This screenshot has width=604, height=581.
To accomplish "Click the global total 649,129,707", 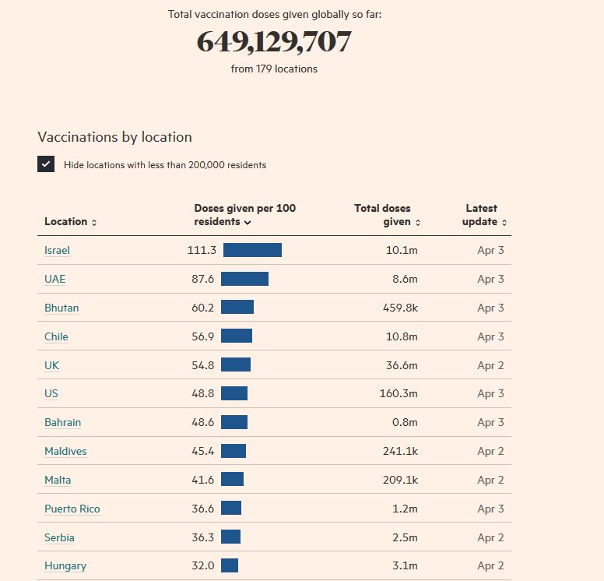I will (274, 42).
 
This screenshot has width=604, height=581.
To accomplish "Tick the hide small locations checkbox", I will (46, 164).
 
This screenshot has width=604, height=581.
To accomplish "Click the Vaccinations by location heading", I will (114, 137).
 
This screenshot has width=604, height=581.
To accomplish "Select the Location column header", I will (70, 222).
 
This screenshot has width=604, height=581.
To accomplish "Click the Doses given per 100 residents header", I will (244, 215).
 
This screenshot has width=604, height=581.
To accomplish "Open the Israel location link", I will (57, 250).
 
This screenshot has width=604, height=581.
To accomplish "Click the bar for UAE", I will (244, 279).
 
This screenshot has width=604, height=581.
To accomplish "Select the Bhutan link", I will (61, 308).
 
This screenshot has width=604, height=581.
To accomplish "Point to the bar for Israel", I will (252, 250).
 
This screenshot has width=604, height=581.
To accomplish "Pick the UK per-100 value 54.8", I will (202, 365).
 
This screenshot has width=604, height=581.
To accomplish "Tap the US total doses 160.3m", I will (399, 393).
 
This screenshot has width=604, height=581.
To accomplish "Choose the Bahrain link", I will (62, 422).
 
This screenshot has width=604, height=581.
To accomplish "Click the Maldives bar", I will (234, 451).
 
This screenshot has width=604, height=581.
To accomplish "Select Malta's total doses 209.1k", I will (400, 480).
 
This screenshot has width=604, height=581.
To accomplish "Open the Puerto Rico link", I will (72, 509).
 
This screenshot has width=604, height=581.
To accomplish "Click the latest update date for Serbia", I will (490, 537).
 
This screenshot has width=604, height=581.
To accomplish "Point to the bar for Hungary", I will (230, 566).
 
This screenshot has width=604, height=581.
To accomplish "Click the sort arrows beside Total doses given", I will (418, 223).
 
